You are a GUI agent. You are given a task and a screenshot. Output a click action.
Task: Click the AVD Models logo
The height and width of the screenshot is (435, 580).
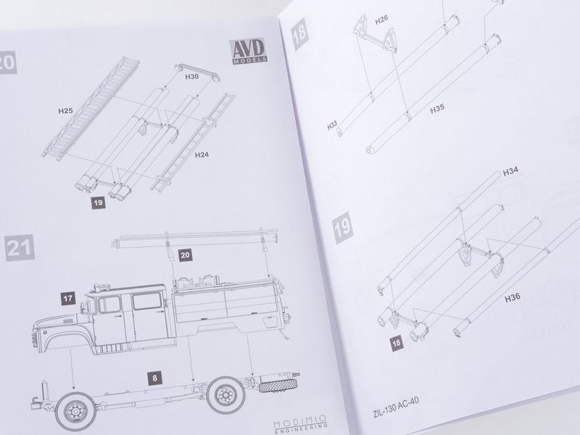point(249,51)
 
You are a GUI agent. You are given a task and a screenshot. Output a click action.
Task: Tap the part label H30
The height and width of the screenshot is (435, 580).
point(191,77)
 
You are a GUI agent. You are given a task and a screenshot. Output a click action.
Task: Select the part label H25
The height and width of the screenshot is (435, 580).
point(65,110)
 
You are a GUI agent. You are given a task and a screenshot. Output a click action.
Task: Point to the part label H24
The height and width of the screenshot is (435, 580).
point(202,154)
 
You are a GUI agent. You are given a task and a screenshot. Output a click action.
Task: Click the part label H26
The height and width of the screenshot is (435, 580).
point(381,20)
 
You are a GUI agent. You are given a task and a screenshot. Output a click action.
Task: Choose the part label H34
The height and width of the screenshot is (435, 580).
point(510,171)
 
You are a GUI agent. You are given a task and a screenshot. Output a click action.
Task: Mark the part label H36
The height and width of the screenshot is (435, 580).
point(513,297)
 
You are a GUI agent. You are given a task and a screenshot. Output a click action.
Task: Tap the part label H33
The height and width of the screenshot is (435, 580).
point(332,125)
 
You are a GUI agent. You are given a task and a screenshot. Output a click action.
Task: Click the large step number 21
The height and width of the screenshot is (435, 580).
point(20,248)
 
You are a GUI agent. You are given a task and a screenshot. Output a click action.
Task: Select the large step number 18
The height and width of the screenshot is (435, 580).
point(299,33)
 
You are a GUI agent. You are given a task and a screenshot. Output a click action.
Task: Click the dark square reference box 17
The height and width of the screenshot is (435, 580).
point(68,299)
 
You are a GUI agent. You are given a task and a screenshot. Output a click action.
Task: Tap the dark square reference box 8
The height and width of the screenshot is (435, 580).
point(154,378)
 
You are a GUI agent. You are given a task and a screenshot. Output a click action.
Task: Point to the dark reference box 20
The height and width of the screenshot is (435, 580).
point(185,255)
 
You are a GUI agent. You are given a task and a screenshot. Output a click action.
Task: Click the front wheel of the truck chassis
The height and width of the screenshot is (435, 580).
point(76,411)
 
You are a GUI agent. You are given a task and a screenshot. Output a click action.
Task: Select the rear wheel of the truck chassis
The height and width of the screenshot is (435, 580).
point(225,395)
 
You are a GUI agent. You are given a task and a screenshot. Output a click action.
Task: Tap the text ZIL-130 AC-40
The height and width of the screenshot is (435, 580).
point(396,407)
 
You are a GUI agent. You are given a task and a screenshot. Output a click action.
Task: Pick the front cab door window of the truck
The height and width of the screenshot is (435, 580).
point(109,304)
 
